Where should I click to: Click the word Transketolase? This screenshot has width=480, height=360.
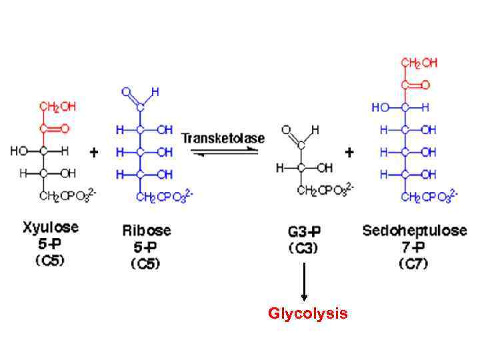pos(223,138)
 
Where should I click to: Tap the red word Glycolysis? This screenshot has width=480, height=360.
pos(307,313)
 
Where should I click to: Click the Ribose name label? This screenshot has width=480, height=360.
pos(146,231)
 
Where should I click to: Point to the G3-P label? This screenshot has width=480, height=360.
pos(303,231)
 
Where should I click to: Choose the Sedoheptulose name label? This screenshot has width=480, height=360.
pos(415,231)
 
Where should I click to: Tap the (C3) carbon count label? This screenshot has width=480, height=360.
pos(303,248)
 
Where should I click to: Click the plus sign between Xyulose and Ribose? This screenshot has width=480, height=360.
pos(95,153)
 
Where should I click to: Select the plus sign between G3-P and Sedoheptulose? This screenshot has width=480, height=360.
pos(349,153)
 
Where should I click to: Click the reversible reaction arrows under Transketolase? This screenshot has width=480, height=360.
pos(223,152)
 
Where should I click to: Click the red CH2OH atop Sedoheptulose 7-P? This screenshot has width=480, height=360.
pos(419,63)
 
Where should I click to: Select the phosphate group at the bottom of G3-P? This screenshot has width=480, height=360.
pos(325,191)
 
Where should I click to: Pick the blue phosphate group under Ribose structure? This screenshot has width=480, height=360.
pos(165,196)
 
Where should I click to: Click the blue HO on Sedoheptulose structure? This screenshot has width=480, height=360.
pos(381,107)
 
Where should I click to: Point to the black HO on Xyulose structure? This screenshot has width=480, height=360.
pos(18,151)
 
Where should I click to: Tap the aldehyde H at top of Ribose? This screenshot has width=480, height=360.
pos(155,91)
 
